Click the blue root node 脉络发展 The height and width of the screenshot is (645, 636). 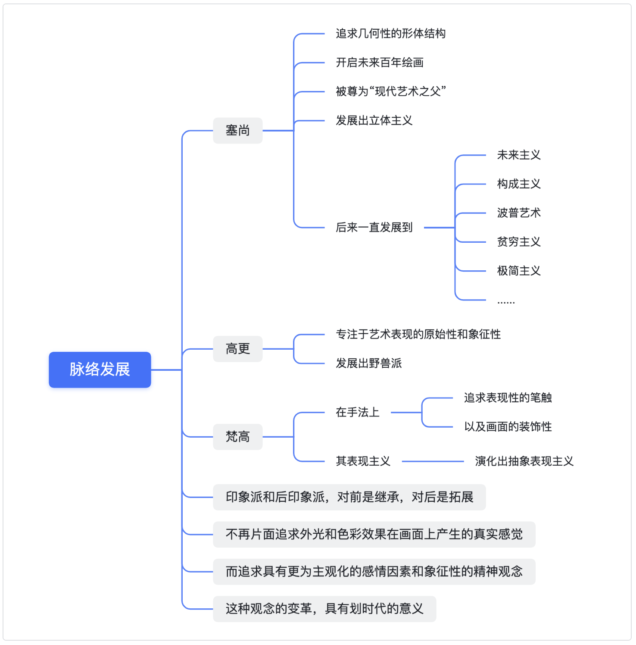click(x=100, y=369)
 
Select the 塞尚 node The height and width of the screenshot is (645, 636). click(x=238, y=130)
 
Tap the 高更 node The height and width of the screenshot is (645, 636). click(x=238, y=348)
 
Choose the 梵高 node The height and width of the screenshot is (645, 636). click(x=238, y=437)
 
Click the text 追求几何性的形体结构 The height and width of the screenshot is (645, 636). click(x=391, y=34)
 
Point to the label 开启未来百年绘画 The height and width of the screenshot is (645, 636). click(x=380, y=63)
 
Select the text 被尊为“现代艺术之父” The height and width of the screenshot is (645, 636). click(x=391, y=91)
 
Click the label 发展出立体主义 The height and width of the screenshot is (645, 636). click(x=374, y=120)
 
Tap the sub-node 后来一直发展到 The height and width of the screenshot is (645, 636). click(x=374, y=227)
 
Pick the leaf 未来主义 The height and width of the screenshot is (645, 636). click(x=519, y=155)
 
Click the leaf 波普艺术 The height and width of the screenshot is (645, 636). click(x=519, y=213)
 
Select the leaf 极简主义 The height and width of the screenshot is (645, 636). click(x=519, y=271)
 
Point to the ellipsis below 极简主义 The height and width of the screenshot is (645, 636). click(x=506, y=302)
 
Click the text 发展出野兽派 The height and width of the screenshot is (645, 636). click(x=369, y=363)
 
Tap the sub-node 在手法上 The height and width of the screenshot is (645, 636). click(x=358, y=412)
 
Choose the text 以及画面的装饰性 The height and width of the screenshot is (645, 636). click(x=508, y=426)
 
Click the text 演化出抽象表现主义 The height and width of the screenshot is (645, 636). click(x=524, y=461)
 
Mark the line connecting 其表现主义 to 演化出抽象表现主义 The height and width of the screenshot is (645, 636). click(x=433, y=461)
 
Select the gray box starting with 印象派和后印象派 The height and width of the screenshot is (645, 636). click(x=349, y=497)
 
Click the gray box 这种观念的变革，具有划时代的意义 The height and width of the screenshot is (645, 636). click(x=324, y=609)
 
